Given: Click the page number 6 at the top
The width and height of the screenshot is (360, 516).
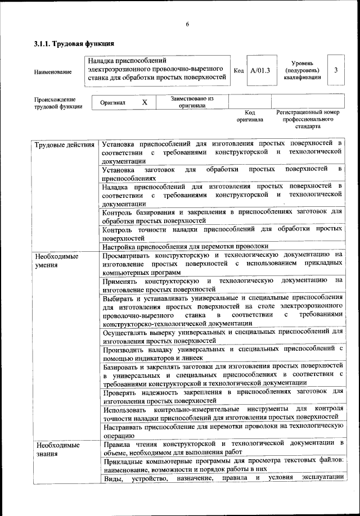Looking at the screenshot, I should point(187,24).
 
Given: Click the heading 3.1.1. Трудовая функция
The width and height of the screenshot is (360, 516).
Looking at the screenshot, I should point(74,43).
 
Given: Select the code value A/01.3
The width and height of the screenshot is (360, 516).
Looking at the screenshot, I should point(260,70).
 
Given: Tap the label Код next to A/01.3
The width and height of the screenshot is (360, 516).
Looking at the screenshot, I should point(238,71).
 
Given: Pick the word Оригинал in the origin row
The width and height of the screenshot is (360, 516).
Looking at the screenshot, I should point(112,103).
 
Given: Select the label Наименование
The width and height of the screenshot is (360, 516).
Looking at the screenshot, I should point(53,72).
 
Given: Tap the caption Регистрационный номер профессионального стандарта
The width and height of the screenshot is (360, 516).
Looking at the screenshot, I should point(308,119).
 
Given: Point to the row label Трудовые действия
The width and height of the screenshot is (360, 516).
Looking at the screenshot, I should point(64,146).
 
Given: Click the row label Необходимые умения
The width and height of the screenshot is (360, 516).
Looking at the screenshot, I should point(57,260).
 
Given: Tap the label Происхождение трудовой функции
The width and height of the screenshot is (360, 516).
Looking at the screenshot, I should point(58,102).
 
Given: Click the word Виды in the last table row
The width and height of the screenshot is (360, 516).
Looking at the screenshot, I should point(112,478).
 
